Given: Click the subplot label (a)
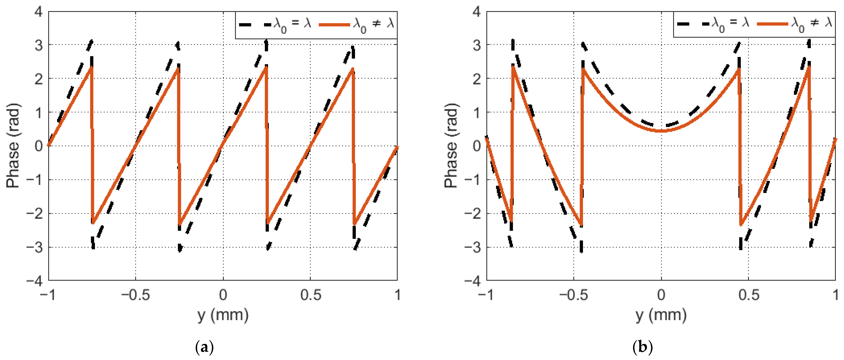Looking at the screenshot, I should click(205, 347).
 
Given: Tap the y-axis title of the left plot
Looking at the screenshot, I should click(13, 146).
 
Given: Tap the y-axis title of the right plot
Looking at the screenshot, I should click(451, 146).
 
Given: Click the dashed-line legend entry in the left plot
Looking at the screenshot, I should click(275, 24).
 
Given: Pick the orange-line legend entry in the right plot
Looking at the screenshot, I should click(795, 23).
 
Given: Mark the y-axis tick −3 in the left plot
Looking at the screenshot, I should click(35, 247).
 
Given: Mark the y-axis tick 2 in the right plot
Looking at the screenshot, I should click(477, 79).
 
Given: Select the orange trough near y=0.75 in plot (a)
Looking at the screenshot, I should click(354, 224).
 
